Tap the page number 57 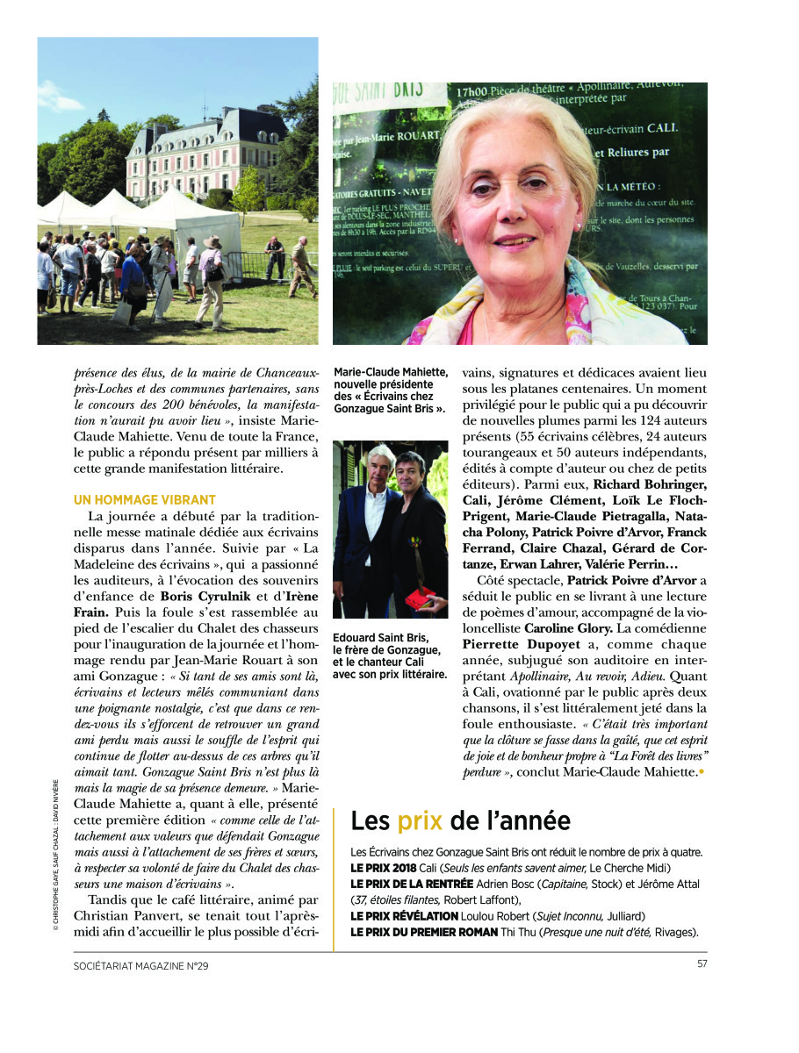pos(701,964)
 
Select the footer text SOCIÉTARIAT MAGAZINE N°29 pos(141,965)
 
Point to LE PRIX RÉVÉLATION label pos(403,915)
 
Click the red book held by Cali pos(421,599)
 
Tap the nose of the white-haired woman pos(520,213)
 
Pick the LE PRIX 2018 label pos(383,867)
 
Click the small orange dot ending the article pos(702,771)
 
